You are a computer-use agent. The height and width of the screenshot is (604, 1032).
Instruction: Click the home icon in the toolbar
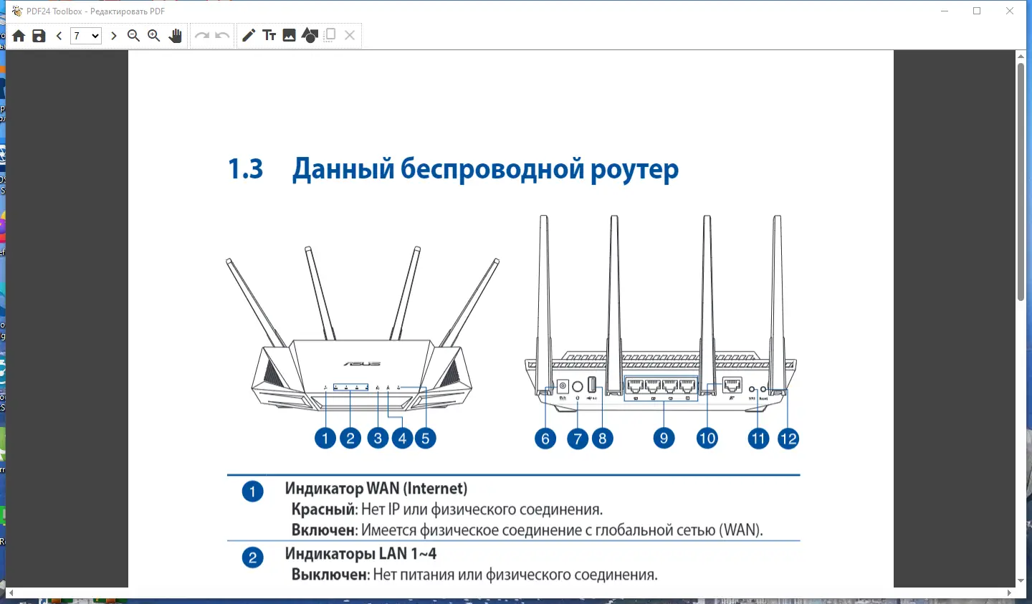tap(19, 36)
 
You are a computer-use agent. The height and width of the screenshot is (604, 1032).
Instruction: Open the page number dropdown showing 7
tap(85, 36)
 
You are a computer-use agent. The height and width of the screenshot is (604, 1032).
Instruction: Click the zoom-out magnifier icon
tap(133, 36)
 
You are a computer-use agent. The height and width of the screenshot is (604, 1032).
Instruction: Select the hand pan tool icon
tap(175, 36)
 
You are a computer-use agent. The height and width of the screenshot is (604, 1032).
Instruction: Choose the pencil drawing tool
tap(249, 36)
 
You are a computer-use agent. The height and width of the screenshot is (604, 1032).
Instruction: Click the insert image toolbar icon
tap(290, 36)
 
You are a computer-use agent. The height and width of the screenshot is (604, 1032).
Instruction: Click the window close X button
tap(1010, 11)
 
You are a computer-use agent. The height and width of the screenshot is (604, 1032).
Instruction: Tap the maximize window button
tap(977, 11)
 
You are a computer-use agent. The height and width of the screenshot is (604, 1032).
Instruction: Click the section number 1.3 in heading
tap(245, 170)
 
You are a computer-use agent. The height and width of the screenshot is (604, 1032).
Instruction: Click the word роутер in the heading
tap(634, 170)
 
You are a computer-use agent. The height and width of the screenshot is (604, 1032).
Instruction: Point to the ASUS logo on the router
tap(361, 364)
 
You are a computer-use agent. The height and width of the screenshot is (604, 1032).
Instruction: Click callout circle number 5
tap(425, 438)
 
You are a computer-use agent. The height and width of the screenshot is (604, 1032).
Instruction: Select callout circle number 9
tap(664, 438)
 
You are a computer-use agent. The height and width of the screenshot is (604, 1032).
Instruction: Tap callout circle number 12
tap(788, 439)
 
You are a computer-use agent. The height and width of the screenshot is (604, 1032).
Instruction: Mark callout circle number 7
tap(578, 439)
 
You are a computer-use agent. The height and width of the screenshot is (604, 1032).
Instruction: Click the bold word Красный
tap(323, 509)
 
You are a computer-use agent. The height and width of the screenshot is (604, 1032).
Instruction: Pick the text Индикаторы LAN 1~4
tap(360, 554)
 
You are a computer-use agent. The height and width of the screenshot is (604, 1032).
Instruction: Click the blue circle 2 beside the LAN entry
tap(252, 557)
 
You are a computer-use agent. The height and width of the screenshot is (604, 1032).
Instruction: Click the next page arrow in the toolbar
tap(113, 36)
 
